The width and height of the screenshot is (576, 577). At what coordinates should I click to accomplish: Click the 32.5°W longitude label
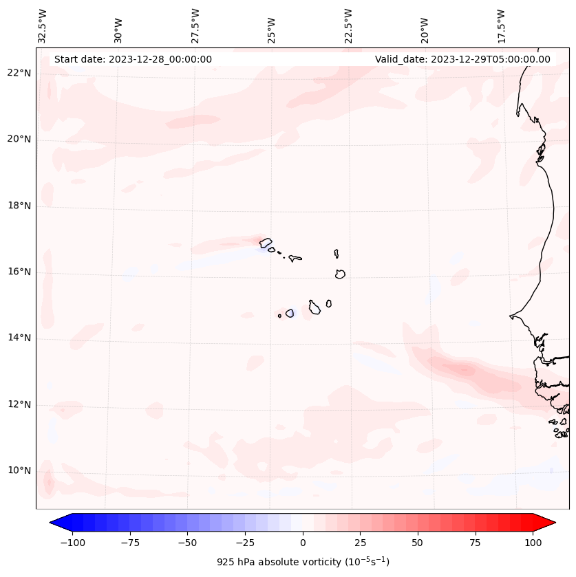point(43,26)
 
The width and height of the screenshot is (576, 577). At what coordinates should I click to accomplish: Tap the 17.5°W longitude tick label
point(500,26)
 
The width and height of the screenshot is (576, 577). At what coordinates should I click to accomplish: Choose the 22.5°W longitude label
point(348,26)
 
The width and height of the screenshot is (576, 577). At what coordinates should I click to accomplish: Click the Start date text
point(133,59)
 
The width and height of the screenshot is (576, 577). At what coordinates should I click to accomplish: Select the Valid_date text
point(462,59)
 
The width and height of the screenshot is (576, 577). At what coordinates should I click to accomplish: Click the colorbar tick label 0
point(302,543)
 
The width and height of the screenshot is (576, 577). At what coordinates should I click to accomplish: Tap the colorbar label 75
point(475,543)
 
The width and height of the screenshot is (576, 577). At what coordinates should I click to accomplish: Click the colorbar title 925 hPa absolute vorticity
point(303,562)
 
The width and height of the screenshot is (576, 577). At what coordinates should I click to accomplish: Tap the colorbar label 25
point(360,543)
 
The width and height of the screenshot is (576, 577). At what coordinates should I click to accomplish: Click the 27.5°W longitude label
point(195,26)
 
